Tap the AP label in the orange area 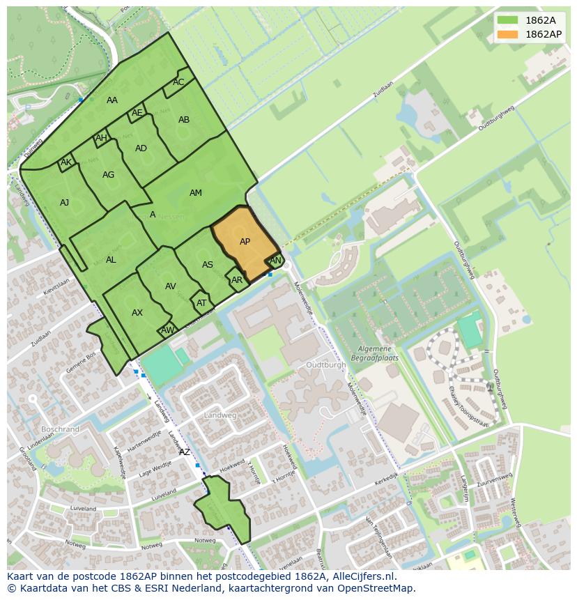tap(245, 242)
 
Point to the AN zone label tap(275, 261)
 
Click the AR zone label tap(237, 280)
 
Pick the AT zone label tap(201, 303)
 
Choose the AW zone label tap(167, 330)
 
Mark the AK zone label tap(66, 163)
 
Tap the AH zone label tap(101, 138)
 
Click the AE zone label tap(137, 113)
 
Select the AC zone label tap(178, 82)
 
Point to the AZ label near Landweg tap(184, 452)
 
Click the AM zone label tap(196, 193)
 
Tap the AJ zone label tap(64, 203)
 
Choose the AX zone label tap(137, 313)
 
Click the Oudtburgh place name tap(325, 364)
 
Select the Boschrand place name tap(60, 429)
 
